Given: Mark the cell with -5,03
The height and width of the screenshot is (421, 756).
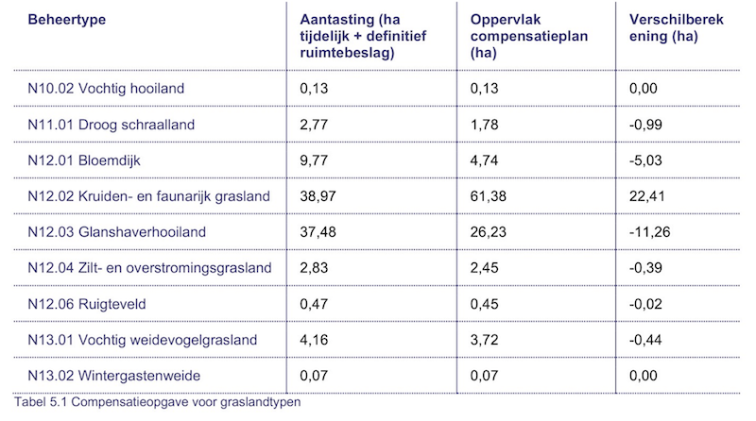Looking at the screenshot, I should (647, 160).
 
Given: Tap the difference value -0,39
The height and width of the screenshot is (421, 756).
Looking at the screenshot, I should (647, 268).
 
